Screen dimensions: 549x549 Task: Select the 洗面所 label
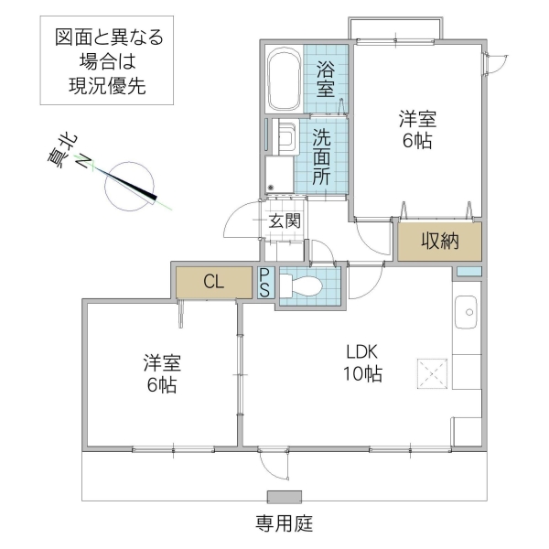pos(322,157)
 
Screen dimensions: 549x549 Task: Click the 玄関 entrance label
pos(284,221)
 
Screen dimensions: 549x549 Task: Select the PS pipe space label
pos(264,283)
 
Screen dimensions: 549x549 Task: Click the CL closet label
pos(213,282)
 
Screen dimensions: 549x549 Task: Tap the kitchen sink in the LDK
pos(468,313)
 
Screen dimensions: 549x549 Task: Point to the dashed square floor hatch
pos(430,372)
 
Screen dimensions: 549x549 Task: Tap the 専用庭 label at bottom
pos(283,524)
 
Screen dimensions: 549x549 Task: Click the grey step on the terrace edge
pos(283,498)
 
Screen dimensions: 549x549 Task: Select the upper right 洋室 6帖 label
pos(416,130)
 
